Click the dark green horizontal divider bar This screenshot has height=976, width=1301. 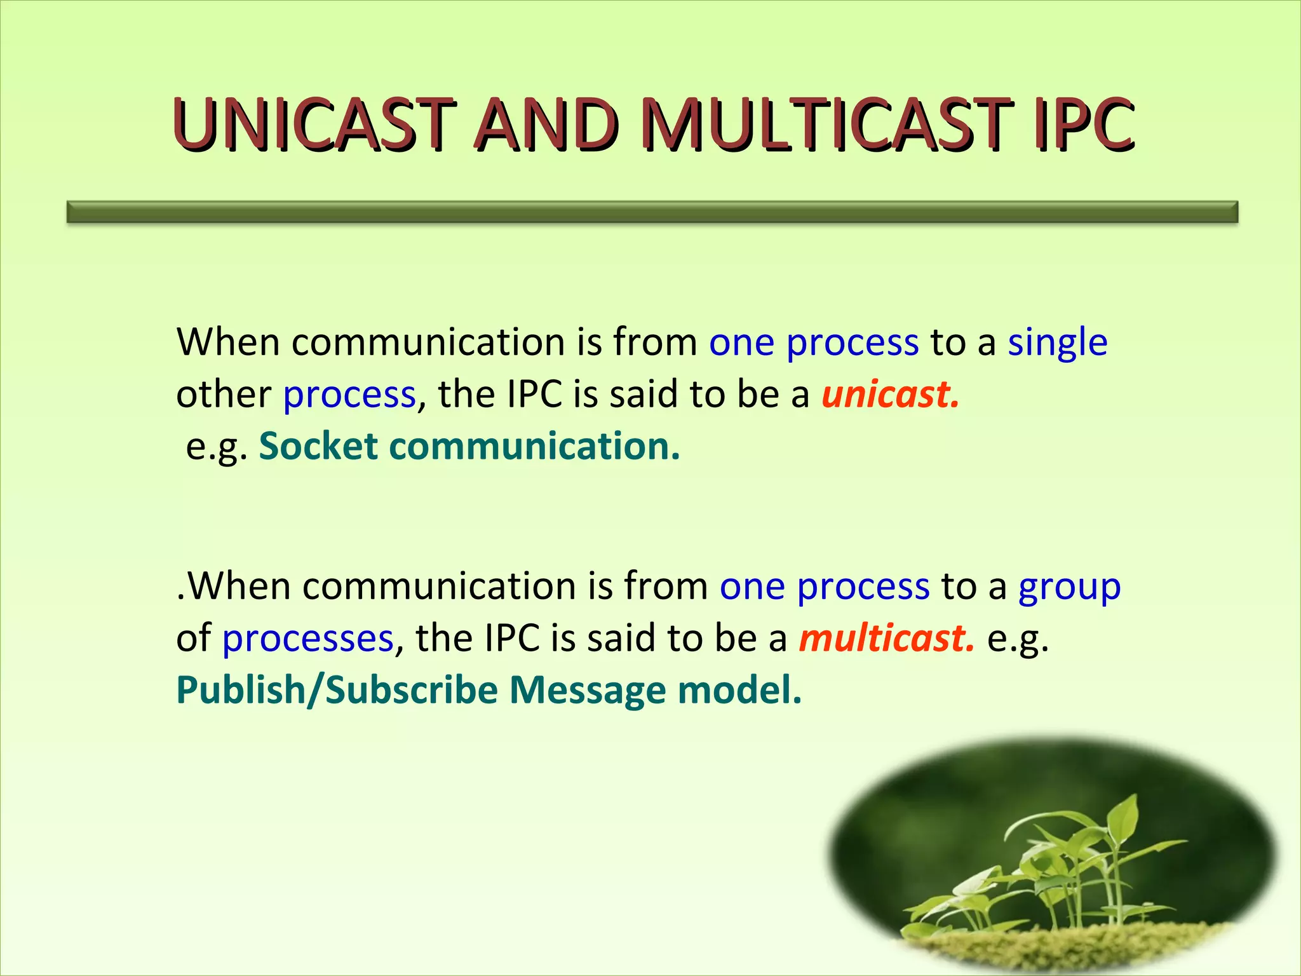pyautogui.click(x=652, y=212)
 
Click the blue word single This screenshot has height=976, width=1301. pyautogui.click(x=1058, y=343)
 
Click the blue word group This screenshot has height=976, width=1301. pyautogui.click(x=1069, y=587)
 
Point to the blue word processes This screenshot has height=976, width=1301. pyautogui.click(x=307, y=639)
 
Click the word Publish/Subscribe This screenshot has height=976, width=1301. pyautogui.click(x=337, y=691)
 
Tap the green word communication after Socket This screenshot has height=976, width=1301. pyautogui.click(x=534, y=446)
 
